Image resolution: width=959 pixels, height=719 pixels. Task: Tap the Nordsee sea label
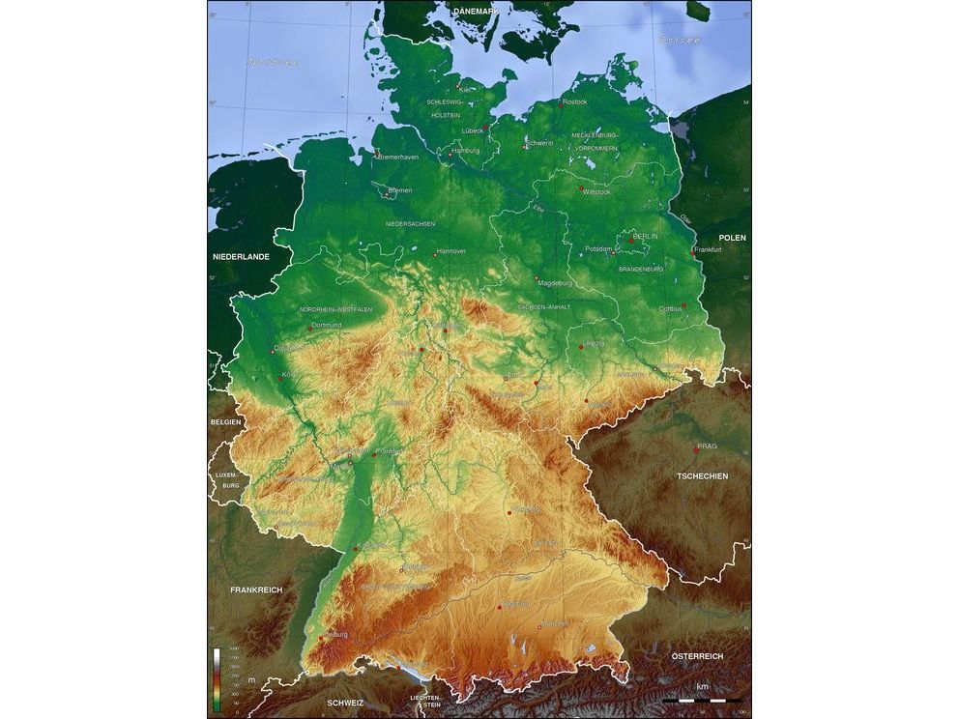274,62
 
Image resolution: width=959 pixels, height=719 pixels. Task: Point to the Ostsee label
680,40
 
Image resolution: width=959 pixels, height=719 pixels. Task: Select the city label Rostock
574,101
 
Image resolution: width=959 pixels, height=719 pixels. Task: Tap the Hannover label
451,251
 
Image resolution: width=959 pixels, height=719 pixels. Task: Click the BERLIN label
645,236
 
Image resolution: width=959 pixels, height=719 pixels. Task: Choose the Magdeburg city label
555,283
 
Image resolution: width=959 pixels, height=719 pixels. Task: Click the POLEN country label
732,237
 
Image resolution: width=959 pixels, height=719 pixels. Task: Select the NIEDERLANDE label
241,257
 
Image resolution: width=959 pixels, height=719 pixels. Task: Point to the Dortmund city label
327,325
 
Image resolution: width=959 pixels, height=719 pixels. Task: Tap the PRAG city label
707,446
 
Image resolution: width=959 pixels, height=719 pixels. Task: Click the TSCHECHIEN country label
702,476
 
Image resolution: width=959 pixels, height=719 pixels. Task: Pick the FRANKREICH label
256,589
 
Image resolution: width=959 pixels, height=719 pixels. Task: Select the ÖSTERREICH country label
697,656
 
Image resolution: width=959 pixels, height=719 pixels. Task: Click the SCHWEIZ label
345,703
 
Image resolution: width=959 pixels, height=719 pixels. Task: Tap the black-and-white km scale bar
702,699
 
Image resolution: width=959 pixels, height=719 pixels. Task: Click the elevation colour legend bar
216,678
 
